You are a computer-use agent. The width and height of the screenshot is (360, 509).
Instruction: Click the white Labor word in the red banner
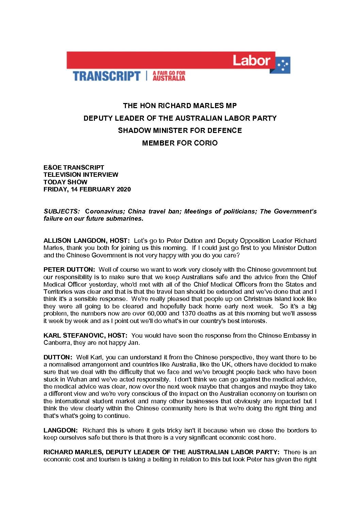pos(251,61)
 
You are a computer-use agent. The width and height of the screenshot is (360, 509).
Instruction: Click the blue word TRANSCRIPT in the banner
pos(107,76)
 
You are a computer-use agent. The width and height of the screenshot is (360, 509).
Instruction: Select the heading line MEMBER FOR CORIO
pos(180,143)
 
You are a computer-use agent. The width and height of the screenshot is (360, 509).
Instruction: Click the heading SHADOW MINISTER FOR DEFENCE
pos(180,131)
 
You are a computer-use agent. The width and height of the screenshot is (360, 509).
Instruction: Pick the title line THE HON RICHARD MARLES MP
pos(180,106)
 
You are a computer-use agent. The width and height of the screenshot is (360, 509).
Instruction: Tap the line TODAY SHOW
pos(65,182)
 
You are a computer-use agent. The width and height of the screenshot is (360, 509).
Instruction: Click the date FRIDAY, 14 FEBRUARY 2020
pos(87,189)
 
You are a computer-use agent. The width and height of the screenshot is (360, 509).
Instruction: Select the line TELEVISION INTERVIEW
pos(81,175)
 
